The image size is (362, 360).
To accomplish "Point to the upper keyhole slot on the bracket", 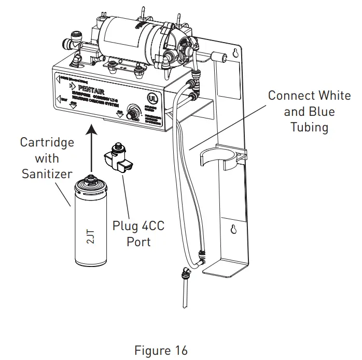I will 236,52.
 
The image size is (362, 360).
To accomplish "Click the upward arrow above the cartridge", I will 91,151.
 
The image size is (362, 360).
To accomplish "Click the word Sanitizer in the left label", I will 47,174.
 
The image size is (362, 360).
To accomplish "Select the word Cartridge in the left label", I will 47,142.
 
